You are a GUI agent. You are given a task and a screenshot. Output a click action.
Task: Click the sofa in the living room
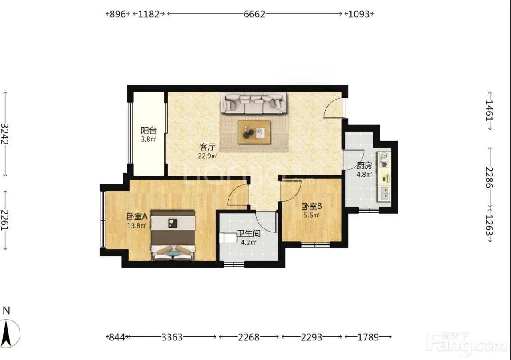pyautogui.click(x=254, y=103)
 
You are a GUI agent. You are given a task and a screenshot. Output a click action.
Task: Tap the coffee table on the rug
pyautogui.click(x=254, y=132)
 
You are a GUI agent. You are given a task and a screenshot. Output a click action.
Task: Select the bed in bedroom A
pyautogui.click(x=173, y=235)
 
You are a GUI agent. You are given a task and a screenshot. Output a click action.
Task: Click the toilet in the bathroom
pyautogui.click(x=228, y=238)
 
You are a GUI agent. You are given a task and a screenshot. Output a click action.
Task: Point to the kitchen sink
pyautogui.click(x=385, y=193)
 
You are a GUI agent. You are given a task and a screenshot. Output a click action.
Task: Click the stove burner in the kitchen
pyautogui.click(x=385, y=164)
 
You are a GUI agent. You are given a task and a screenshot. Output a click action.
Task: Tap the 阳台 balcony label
pyautogui.click(x=149, y=130)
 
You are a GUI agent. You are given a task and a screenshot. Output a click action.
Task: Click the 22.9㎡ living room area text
pyautogui.click(x=208, y=156)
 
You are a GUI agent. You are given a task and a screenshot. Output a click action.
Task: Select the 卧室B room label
pyautogui.click(x=312, y=206)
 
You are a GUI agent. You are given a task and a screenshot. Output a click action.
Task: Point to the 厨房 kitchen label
pyautogui.click(x=364, y=165)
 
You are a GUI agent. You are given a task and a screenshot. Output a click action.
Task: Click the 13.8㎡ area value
pyautogui.click(x=137, y=225)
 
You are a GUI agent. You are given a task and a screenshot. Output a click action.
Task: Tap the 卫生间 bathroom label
pyautogui.click(x=248, y=234)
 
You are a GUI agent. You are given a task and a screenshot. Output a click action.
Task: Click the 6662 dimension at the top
pyautogui.click(x=254, y=14)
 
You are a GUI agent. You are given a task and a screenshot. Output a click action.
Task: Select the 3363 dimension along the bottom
pyautogui.click(x=172, y=337)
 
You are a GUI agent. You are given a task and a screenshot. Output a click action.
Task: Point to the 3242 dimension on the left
pyautogui.click(x=4, y=134)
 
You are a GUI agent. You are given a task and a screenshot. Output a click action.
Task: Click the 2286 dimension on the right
pyautogui.click(x=489, y=177)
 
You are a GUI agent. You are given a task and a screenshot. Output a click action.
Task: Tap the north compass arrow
pyautogui.click(x=7, y=333)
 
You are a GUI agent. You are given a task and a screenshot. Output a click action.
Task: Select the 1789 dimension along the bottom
pyautogui.click(x=368, y=337)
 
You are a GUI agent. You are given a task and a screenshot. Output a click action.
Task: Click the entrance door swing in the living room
pyautogui.click(x=334, y=108)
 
